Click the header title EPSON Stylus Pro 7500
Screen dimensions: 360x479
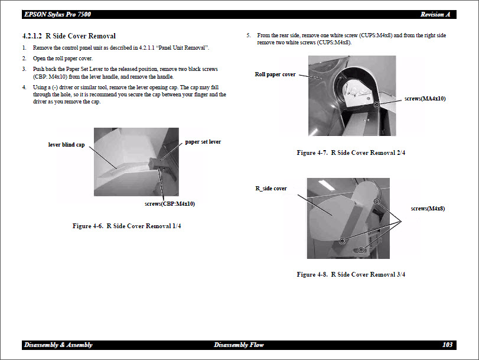(x=57, y=14)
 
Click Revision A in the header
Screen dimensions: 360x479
(x=435, y=14)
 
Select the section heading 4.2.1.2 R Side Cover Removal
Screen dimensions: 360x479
(x=69, y=36)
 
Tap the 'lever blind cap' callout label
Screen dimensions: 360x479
(x=66, y=144)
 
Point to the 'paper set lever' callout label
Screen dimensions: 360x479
(x=203, y=142)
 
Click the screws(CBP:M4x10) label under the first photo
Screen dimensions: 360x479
(x=170, y=203)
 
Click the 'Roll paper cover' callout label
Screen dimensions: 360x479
(x=275, y=74)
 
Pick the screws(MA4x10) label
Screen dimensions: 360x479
(x=425, y=98)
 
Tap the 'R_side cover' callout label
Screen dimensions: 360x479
(x=271, y=188)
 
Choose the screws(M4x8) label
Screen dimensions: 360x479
(x=428, y=208)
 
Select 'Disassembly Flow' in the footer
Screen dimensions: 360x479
(x=239, y=345)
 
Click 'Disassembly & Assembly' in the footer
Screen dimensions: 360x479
(x=58, y=345)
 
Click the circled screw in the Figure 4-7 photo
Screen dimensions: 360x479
(x=377, y=105)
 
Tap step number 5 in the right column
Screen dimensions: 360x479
(x=249, y=35)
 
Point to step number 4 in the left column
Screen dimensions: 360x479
(x=24, y=87)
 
